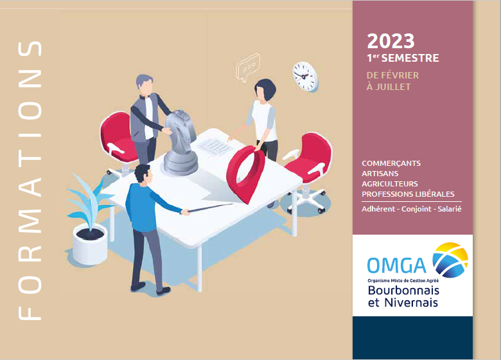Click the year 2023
pyautogui.click(x=391, y=41)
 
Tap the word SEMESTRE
pyautogui.click(x=410, y=59)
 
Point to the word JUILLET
pyautogui.click(x=393, y=87)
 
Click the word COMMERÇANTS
pyautogui.click(x=391, y=164)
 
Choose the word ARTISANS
pyautogui.click(x=380, y=174)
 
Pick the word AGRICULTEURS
pyautogui.click(x=390, y=184)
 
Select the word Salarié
pyautogui.click(x=450, y=209)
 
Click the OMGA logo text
pyautogui.click(x=396, y=265)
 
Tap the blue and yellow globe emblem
pyautogui.click(x=450, y=260)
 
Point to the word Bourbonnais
pyautogui.click(x=403, y=291)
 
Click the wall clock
pyautogui.click(x=305, y=76)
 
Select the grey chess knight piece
pyautogui.click(x=180, y=142)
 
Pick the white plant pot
pyautogui.click(x=90, y=244)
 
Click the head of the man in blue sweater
pyautogui.click(x=143, y=174)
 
